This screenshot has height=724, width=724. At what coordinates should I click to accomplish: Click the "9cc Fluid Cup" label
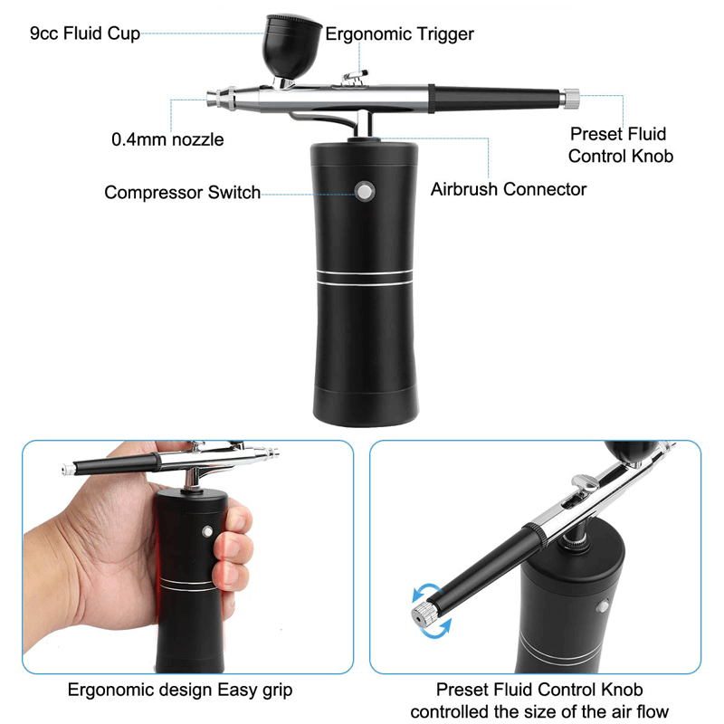[85, 33]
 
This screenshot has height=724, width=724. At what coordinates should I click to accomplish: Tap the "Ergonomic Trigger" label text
[399, 34]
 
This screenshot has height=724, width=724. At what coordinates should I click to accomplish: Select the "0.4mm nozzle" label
[167, 139]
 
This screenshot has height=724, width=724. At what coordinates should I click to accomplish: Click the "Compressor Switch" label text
[182, 192]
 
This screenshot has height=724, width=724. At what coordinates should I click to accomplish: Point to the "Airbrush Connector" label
[508, 189]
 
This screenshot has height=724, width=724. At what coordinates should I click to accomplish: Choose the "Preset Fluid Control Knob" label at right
[621, 145]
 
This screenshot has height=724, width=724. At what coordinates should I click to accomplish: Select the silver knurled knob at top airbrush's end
[570, 95]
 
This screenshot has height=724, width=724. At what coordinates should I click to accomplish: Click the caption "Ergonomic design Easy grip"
[180, 691]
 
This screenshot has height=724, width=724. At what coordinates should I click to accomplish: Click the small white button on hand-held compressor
[208, 533]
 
